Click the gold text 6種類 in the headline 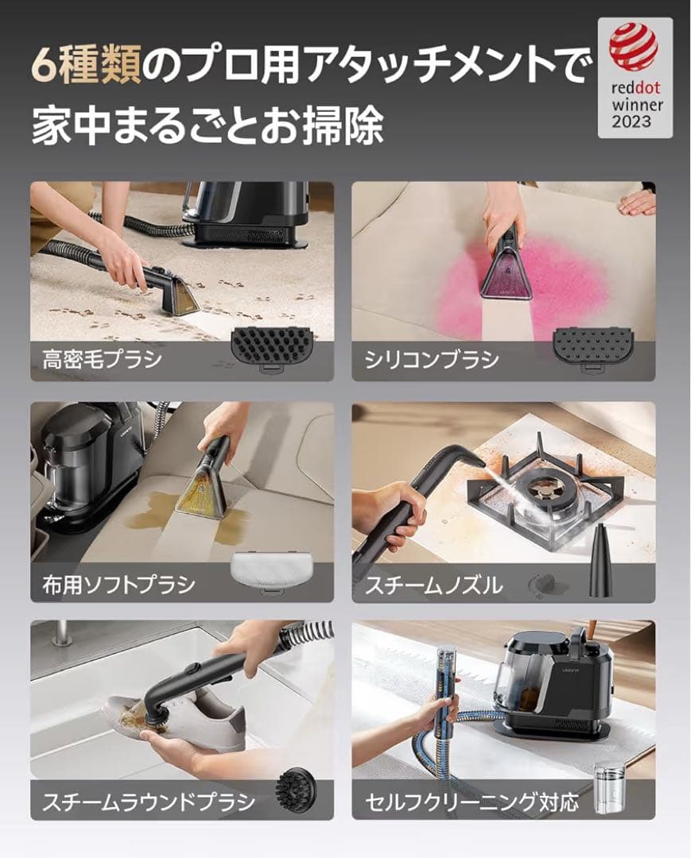pos(86,66)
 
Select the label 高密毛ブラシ pos(103,359)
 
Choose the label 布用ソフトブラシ pos(118,586)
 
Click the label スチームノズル pos(433,586)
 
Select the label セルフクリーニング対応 pos(472,801)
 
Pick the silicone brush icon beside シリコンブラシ pos(592,347)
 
